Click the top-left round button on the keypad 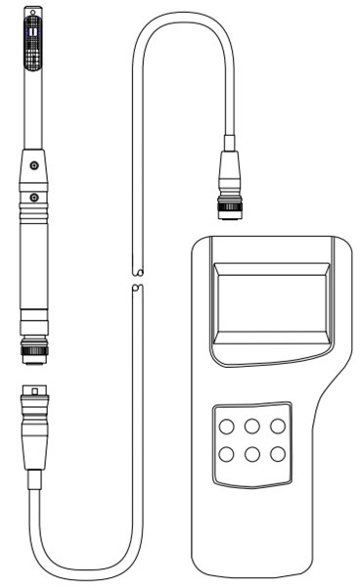pyautogui.click(x=226, y=427)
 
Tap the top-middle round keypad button pyautogui.click(x=252, y=427)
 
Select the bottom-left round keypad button pyautogui.click(x=226, y=453)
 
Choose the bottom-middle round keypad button pyautogui.click(x=252, y=453)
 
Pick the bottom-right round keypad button pyautogui.click(x=279, y=453)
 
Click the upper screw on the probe pyautogui.click(x=34, y=162)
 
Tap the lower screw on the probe pyautogui.click(x=34, y=196)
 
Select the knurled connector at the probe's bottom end pyautogui.click(x=34, y=347)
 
